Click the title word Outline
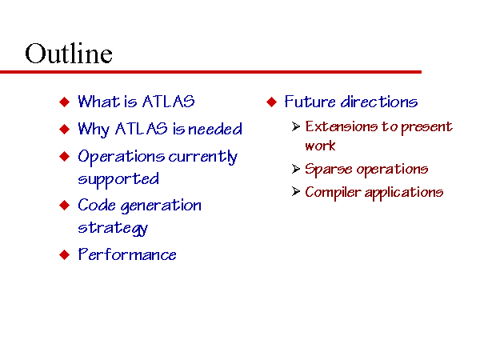pyautogui.click(x=69, y=54)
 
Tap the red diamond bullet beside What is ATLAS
pyautogui.click(x=65, y=102)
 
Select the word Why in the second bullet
pyautogui.click(x=94, y=129)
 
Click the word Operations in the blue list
pyautogui.click(x=122, y=157)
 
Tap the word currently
pyautogui.click(x=203, y=157)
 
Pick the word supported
pyautogui.click(x=118, y=179)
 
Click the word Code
pyautogui.click(x=97, y=205)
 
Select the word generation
pyautogui.click(x=161, y=206)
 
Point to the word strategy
pyautogui.click(x=113, y=228)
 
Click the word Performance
pyautogui.click(x=127, y=254)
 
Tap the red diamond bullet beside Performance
pyautogui.click(x=65, y=254)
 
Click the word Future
pyautogui.click(x=310, y=102)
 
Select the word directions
pyautogui.click(x=379, y=102)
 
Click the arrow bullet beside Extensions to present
pyautogui.click(x=296, y=126)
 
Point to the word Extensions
pyautogui.click(x=342, y=126)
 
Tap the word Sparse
pyautogui.click(x=329, y=170)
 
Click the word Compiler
pyautogui.click(x=333, y=193)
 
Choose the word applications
pyautogui.click(x=404, y=193)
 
